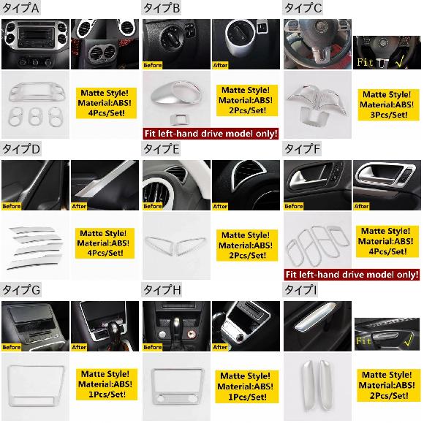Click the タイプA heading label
20,8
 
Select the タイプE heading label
161,149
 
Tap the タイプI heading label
300,290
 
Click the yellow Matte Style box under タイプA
106,103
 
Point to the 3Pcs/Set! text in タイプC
389,115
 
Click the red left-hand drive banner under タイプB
211,134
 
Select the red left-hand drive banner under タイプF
352,275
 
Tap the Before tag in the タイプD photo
12,206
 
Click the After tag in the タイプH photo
220,347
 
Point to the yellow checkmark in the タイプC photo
400,62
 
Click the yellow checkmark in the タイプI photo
408,340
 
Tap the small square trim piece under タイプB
176,118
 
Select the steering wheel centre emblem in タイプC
321,26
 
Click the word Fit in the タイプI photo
364,341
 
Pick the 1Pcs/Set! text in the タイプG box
107,395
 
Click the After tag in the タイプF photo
361,206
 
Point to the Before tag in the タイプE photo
153,206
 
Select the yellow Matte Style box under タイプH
246,386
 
